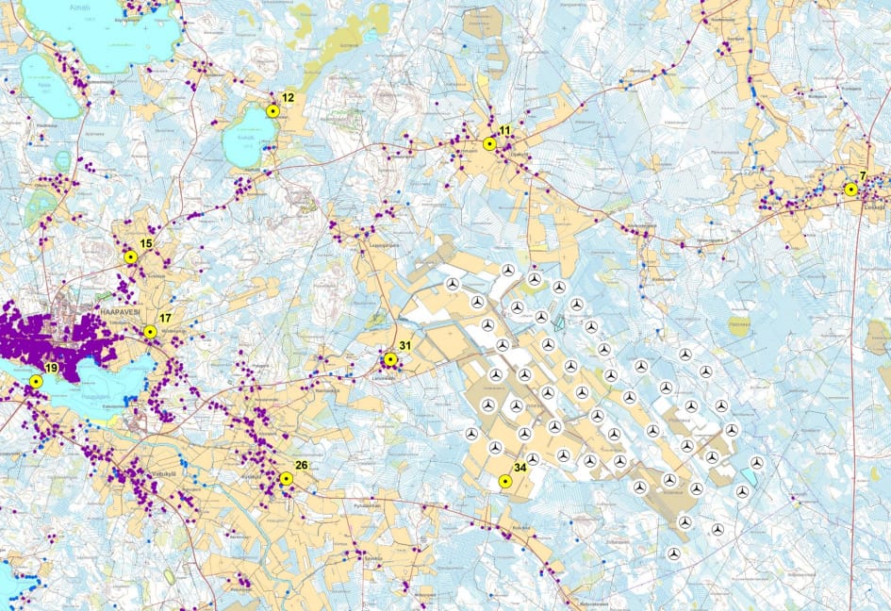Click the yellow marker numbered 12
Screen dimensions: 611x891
pos(272,110)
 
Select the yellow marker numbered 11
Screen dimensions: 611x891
pos(489,144)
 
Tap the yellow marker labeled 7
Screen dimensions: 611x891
pos(850,190)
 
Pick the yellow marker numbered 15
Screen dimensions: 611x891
pos(131,256)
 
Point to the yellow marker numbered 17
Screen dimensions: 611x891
pos(150,332)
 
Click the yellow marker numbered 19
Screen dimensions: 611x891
pos(36,381)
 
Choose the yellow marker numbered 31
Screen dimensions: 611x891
pos(390,359)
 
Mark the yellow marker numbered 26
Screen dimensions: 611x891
pos(287,478)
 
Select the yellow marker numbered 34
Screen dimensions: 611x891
pos(505,481)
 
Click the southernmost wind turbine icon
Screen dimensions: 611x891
pos(673,553)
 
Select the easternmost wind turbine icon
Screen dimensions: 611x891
pos(756,462)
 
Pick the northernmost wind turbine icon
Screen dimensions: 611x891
pos(508,270)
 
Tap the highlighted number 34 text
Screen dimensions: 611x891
pos(520,467)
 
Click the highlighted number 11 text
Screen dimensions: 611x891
pos(504,130)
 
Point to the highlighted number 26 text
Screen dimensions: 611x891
pos(302,464)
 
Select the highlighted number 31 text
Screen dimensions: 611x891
pos(405,346)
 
